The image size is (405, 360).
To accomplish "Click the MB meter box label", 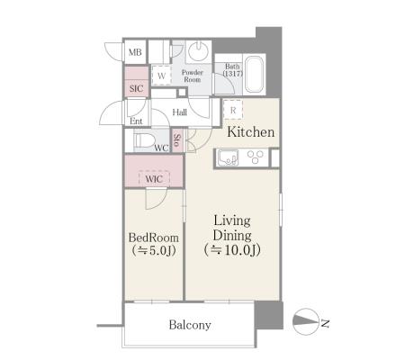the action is [x=135, y=52].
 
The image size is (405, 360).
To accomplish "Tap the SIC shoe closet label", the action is [x=136, y=89].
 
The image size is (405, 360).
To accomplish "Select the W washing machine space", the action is [x=161, y=76].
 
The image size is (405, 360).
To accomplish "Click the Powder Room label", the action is [x=193, y=76].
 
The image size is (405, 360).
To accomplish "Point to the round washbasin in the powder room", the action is [x=198, y=49].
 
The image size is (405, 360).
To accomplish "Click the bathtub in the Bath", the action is [x=255, y=74].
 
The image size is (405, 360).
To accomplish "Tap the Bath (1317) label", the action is [x=232, y=70].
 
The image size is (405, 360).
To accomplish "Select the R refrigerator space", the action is [x=233, y=110].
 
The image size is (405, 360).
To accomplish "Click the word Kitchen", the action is [x=250, y=132].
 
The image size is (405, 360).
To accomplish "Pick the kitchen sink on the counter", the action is [x=229, y=157].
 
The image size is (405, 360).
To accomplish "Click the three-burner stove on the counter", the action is [x=255, y=157].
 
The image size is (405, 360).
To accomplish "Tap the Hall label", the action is [x=180, y=112].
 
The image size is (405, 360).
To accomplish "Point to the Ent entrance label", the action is [x=136, y=121].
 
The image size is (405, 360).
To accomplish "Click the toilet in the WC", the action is [x=144, y=140].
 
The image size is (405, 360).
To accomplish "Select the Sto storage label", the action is [x=177, y=141].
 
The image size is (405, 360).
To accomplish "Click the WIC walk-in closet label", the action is [x=154, y=179].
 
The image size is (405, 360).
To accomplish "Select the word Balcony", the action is [x=190, y=325].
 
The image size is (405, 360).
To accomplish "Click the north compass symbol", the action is [x=305, y=321].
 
